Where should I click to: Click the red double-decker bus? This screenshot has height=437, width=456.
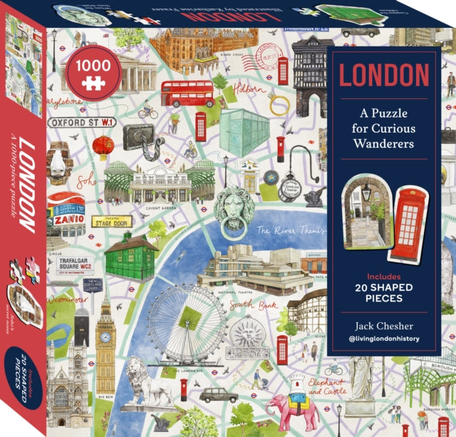click(187, 93)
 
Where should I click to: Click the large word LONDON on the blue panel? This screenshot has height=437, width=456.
click(383, 75)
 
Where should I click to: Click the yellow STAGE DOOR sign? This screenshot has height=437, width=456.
click(112, 222)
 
